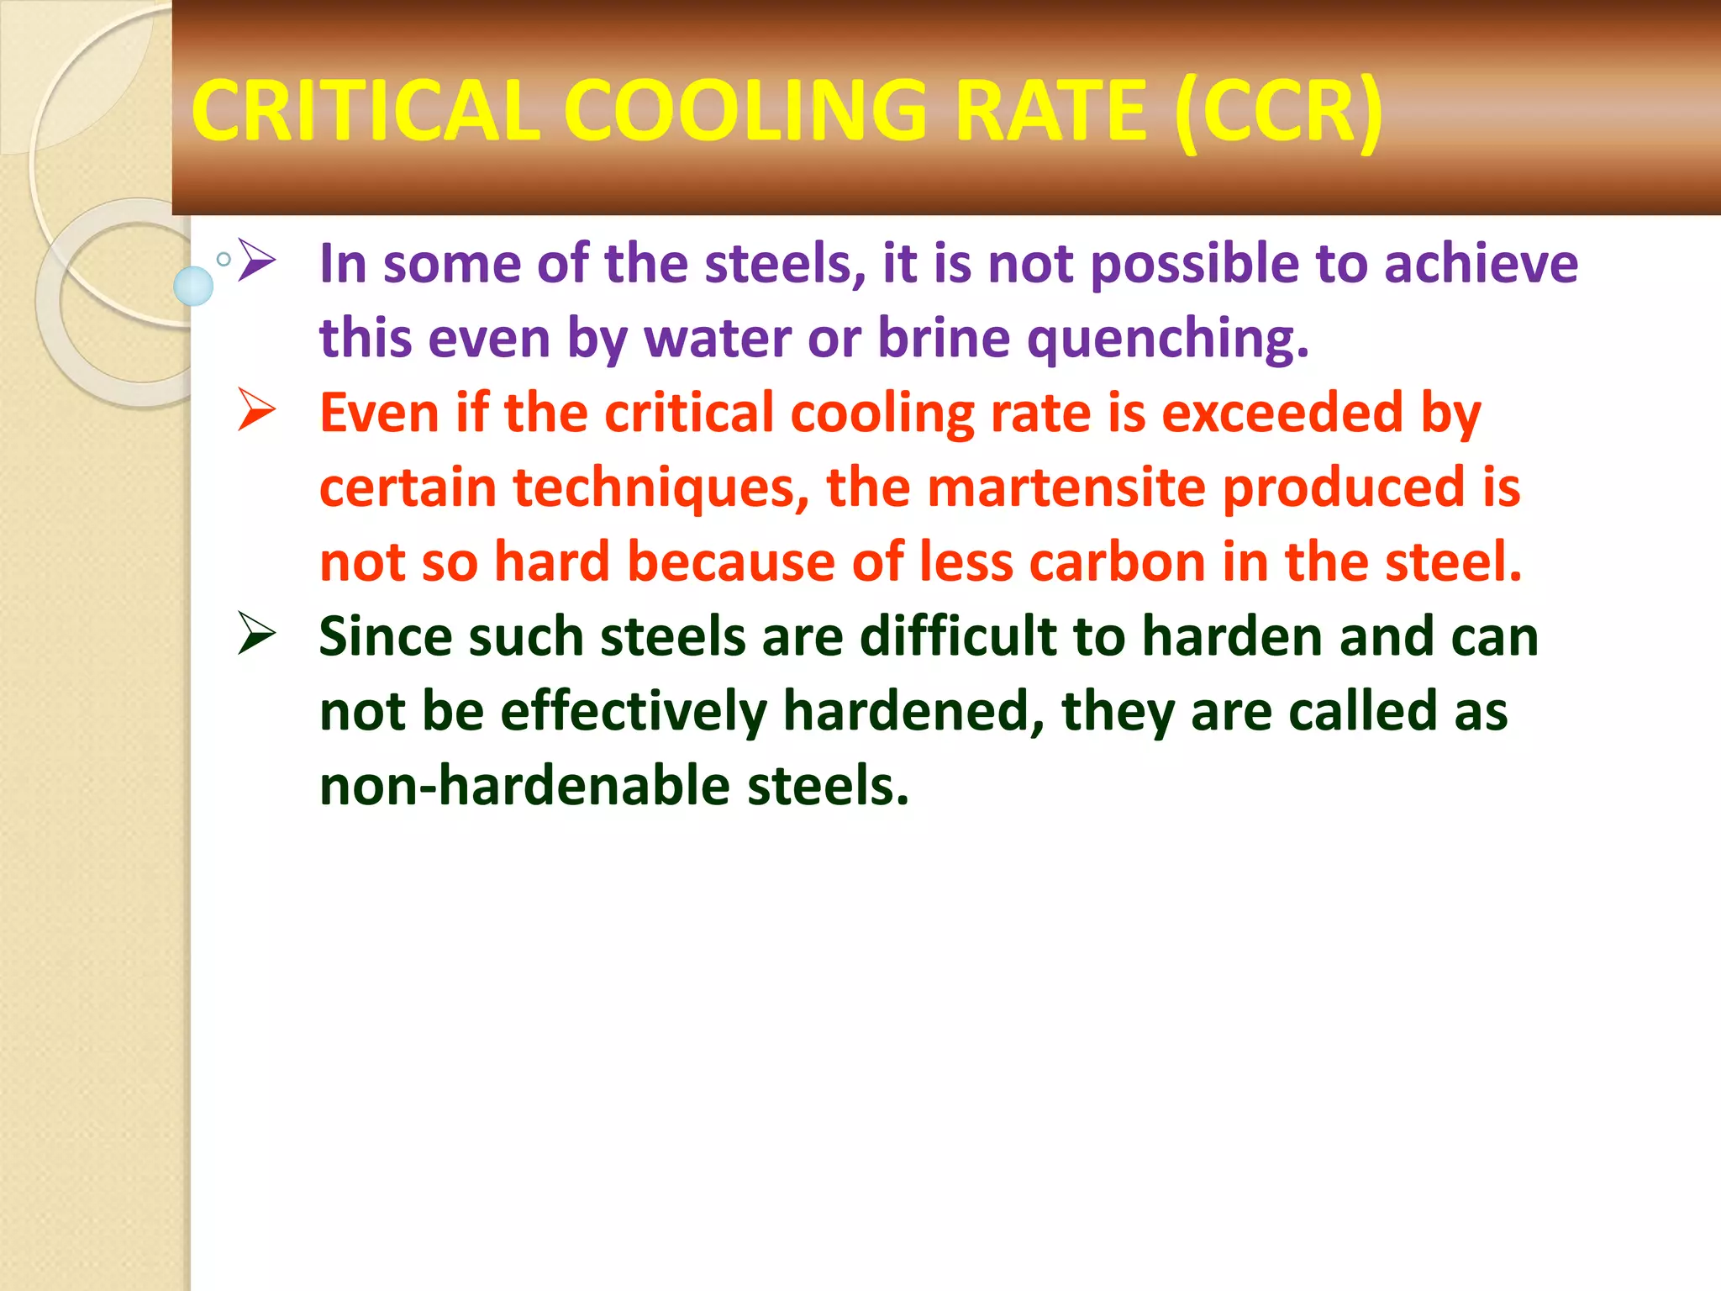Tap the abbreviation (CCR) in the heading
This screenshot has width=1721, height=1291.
[x=1278, y=110]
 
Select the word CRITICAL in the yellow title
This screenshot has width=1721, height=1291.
[x=366, y=110]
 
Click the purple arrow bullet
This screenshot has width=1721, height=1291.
[x=257, y=261]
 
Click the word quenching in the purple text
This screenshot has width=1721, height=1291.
[x=1168, y=338]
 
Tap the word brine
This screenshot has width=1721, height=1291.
[x=944, y=338]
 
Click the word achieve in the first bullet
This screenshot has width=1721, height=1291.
[x=1482, y=263]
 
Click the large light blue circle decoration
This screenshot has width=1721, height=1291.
[x=193, y=286]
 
